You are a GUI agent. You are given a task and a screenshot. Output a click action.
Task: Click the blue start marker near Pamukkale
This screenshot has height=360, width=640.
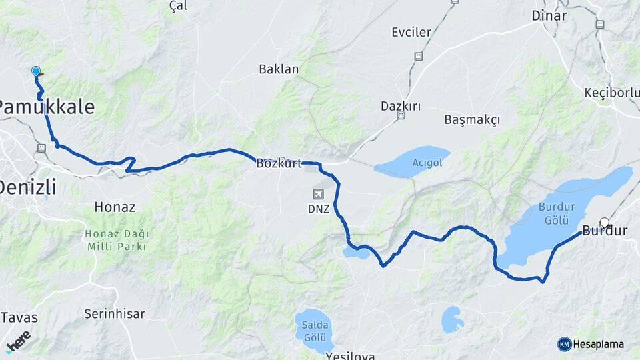(x=36, y=71)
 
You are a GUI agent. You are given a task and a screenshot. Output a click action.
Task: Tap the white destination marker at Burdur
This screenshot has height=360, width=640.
(x=605, y=222)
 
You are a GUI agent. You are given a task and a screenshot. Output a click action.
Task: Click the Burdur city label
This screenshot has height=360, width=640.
(x=605, y=232)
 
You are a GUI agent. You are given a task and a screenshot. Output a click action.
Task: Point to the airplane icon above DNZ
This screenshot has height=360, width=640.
(x=319, y=194)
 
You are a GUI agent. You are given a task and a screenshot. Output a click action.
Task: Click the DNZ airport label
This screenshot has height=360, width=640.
(x=319, y=209)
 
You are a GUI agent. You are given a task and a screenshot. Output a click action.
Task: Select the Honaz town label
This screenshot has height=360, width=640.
(x=115, y=207)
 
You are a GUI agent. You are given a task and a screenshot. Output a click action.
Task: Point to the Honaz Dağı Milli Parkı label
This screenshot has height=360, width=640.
(x=118, y=240)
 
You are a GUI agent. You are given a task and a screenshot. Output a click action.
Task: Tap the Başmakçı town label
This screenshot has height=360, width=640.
(x=471, y=119)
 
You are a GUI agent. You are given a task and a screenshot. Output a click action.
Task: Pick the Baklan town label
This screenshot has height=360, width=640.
(x=279, y=69)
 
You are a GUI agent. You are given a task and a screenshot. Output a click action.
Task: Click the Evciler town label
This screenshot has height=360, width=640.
(x=411, y=32)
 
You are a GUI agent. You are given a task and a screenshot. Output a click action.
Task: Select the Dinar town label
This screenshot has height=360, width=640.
(x=549, y=16)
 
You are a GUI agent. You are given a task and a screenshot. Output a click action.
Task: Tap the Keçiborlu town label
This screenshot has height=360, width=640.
(x=611, y=92)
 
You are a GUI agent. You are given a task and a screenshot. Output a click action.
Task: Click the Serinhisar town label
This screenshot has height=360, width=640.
(x=110, y=313)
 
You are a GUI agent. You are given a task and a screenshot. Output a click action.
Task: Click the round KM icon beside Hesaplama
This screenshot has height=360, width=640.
(x=564, y=344)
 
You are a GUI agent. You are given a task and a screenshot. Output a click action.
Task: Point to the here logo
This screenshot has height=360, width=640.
(x=19, y=341)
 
